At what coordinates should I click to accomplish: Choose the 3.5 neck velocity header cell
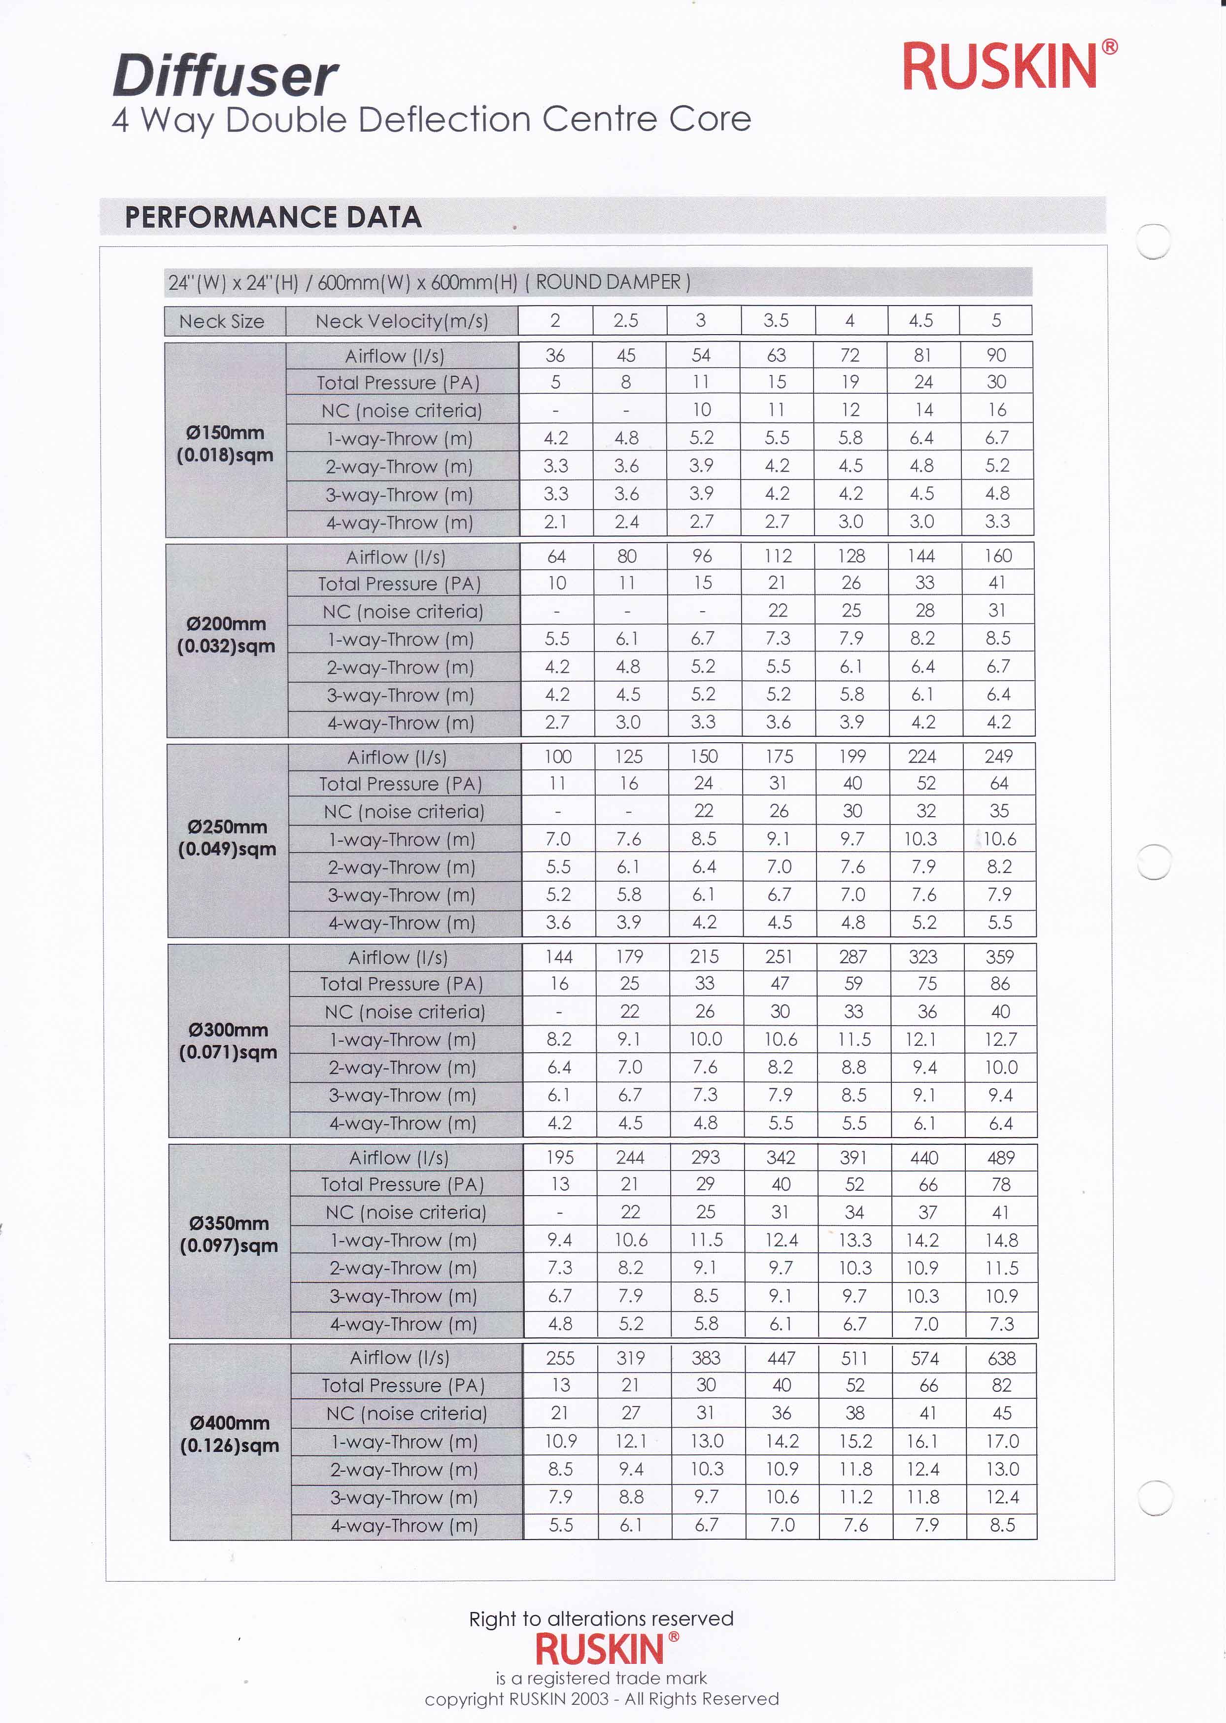pos(776,321)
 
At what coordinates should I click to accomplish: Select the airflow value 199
pos(852,757)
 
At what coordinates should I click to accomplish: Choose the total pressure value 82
pos(1001,1385)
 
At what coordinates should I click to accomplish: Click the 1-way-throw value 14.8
pos(1001,1240)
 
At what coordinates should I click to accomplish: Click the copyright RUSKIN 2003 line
pos(602,1699)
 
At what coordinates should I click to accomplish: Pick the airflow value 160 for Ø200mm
pos(998,556)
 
